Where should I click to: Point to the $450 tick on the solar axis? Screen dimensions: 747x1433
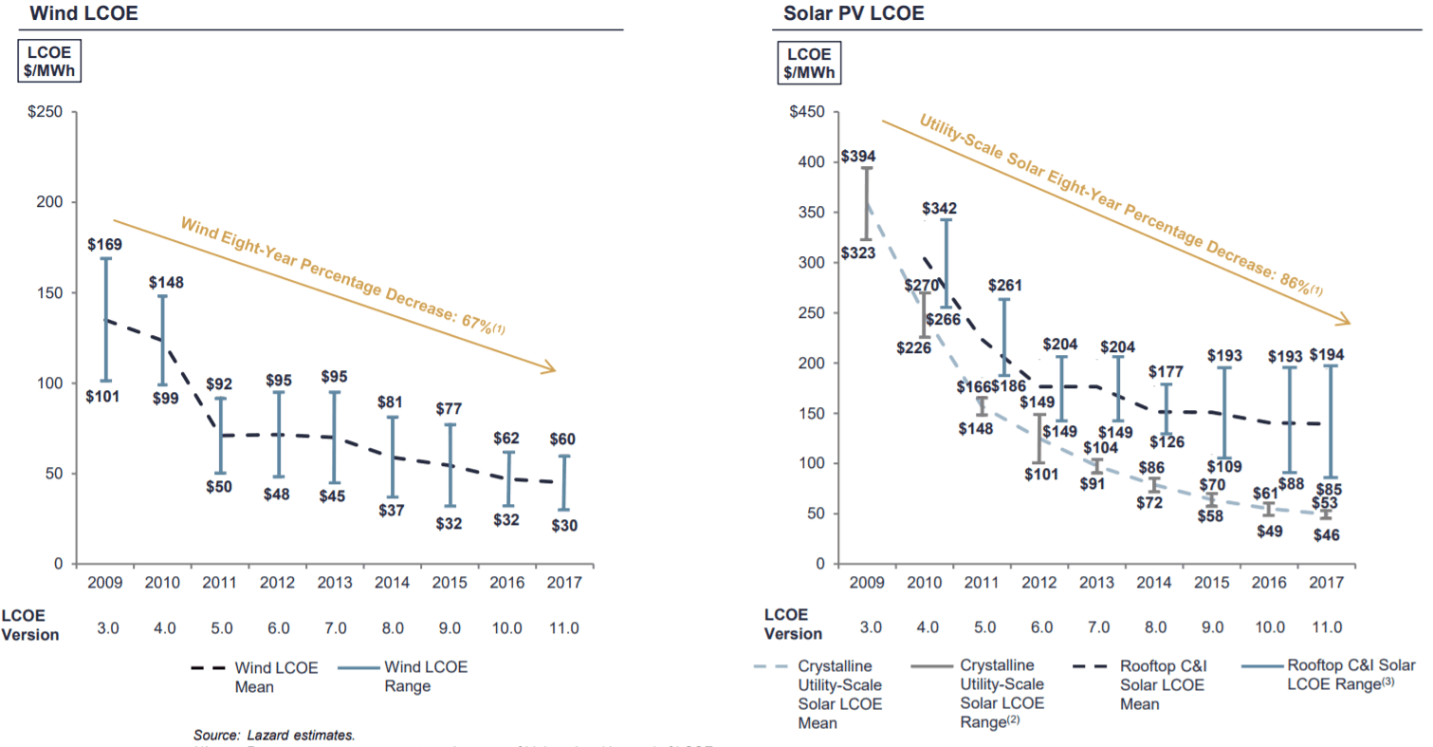807,113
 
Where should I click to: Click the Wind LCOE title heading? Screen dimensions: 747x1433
71,14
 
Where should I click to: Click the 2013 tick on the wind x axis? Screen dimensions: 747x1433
334,582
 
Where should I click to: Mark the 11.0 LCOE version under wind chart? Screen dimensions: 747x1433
563,627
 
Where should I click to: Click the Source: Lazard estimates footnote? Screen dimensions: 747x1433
273,734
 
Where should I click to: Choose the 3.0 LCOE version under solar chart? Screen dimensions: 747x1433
870,627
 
